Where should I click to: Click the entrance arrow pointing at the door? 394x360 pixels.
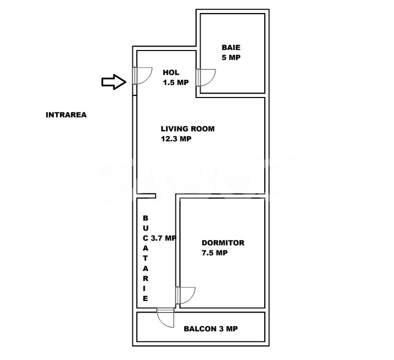coord(114,82)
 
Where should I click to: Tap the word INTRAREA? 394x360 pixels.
coord(66,115)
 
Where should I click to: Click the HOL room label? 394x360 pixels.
coord(171,72)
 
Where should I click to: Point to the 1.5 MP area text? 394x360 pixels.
coord(176,82)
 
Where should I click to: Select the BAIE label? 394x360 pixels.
coord(231,47)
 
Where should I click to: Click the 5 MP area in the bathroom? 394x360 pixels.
coord(231,57)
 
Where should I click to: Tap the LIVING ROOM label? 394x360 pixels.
coord(188,129)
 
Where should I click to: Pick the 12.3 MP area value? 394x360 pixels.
coord(176,139)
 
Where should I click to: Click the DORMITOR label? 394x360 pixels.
coord(223,243)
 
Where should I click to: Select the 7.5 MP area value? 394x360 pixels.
coord(215,253)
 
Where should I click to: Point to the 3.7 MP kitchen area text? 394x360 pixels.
coord(164,238)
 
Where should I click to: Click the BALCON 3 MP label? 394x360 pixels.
coord(211,329)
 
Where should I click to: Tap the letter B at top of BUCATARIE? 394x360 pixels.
coord(145,218)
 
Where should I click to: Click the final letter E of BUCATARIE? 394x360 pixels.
coord(145,298)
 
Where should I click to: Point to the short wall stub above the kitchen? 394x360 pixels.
coord(146,195)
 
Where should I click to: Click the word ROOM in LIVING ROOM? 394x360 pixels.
coord(203,129)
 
